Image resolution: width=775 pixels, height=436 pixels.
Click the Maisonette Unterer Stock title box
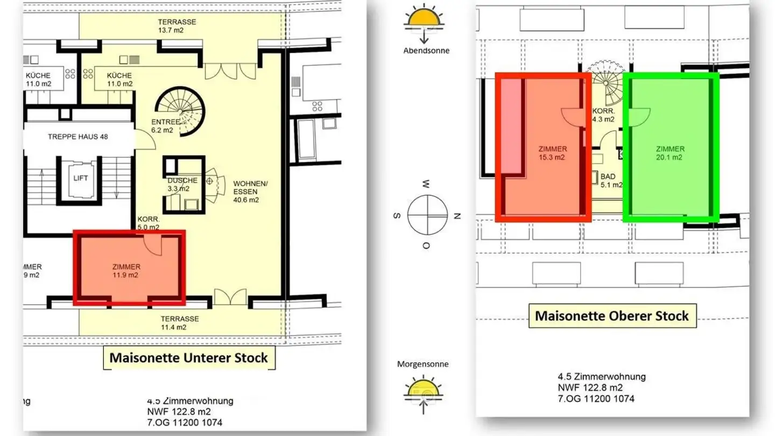pyautogui.click(x=189, y=357)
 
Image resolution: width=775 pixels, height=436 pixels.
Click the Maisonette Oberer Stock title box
pyautogui.click(x=612, y=315)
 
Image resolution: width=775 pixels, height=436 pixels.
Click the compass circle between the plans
pyautogui.click(x=427, y=214)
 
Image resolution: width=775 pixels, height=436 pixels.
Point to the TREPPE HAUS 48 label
pyautogui.click(x=77, y=137)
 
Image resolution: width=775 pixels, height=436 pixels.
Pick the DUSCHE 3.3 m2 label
pyautogui.click(x=182, y=185)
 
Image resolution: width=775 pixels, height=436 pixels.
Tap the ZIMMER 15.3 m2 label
pyautogui.click(x=553, y=153)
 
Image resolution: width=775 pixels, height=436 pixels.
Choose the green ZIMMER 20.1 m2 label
pyautogui.click(x=670, y=153)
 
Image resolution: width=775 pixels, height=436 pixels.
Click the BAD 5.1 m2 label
pyautogui.click(x=608, y=180)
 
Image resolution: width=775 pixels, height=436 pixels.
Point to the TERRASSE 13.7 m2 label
pyautogui.click(x=177, y=26)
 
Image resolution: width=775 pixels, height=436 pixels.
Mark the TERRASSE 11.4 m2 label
pyautogui.click(x=179, y=323)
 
